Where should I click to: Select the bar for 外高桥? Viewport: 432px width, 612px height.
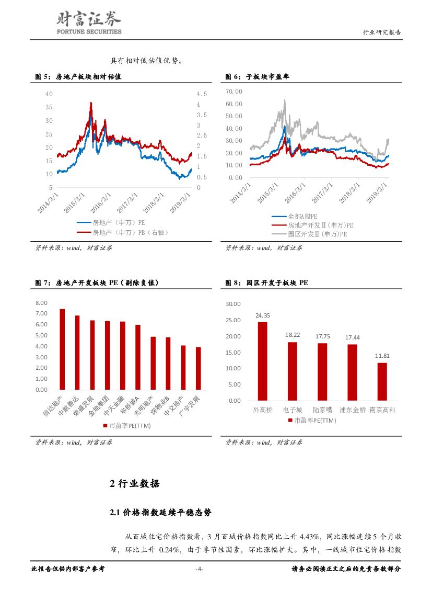(x=262, y=361)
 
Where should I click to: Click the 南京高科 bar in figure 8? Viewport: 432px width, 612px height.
(x=382, y=381)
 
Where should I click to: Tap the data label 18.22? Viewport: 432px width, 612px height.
(x=292, y=335)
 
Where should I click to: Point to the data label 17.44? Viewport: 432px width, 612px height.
(x=352, y=337)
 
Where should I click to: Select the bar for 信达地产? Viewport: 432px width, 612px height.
(x=62, y=349)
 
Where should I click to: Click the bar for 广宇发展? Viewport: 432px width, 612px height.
(x=199, y=368)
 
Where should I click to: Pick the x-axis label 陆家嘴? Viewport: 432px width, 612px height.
(x=322, y=410)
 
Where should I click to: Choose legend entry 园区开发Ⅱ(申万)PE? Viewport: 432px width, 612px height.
(x=317, y=234)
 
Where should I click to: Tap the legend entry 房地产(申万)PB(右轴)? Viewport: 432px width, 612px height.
(x=130, y=232)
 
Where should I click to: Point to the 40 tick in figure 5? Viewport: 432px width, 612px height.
(x=49, y=94)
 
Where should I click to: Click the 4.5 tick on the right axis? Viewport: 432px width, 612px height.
(x=202, y=94)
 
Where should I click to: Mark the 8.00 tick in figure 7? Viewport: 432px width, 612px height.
(x=41, y=303)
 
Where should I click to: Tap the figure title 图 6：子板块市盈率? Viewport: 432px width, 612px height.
(x=257, y=77)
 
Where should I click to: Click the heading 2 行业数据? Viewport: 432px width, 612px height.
(x=135, y=483)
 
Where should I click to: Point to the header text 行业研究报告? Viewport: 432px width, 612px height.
(x=382, y=32)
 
